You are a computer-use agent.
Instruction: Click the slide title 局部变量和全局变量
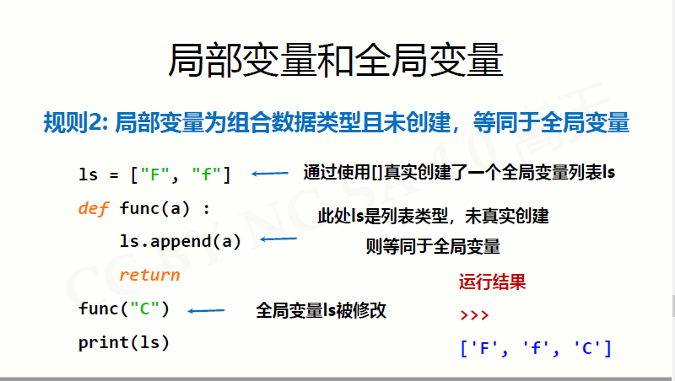click(337, 62)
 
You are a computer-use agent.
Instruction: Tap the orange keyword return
click(149, 275)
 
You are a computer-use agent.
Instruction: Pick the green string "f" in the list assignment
click(206, 174)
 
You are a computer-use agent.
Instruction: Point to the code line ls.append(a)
click(180, 241)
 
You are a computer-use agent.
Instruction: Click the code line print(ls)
click(124, 342)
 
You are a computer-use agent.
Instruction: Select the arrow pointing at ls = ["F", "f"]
click(270, 174)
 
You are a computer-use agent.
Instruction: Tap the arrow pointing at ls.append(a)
click(278, 240)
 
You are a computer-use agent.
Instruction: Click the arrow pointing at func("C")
click(206, 311)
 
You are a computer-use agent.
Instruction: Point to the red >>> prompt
click(474, 315)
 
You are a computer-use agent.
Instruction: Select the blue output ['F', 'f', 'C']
click(535, 347)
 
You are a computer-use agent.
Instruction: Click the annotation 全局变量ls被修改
click(321, 310)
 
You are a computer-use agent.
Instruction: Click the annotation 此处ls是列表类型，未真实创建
click(433, 217)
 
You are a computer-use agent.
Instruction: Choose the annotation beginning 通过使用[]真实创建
click(459, 174)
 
